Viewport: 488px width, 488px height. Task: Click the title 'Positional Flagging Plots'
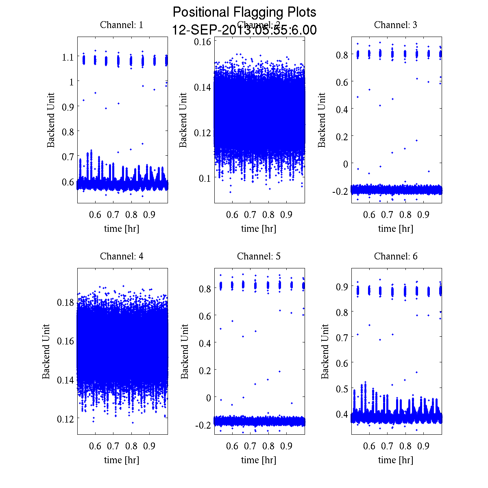[x=244, y=12]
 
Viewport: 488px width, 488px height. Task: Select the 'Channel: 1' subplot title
[x=122, y=25]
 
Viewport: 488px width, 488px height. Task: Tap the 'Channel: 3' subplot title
[x=396, y=25]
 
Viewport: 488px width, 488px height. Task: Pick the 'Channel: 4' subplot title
[x=122, y=256]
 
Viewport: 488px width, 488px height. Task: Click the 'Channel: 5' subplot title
[x=259, y=256]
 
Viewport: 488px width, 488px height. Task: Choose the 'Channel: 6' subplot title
[x=396, y=256]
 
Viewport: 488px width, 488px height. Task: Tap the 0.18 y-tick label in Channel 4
[x=65, y=303]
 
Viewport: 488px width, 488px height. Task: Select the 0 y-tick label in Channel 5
[x=209, y=397]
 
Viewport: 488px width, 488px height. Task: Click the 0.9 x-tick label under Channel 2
[x=286, y=215]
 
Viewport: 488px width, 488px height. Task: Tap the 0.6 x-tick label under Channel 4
[x=95, y=446]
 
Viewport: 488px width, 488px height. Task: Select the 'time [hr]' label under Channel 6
[x=396, y=460]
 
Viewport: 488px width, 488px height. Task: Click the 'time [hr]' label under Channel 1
[x=122, y=229]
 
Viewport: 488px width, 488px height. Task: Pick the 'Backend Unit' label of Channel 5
[x=185, y=351]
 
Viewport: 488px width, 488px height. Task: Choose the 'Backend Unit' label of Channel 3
[x=322, y=120]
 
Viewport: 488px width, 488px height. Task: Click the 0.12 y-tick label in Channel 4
[x=65, y=418]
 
